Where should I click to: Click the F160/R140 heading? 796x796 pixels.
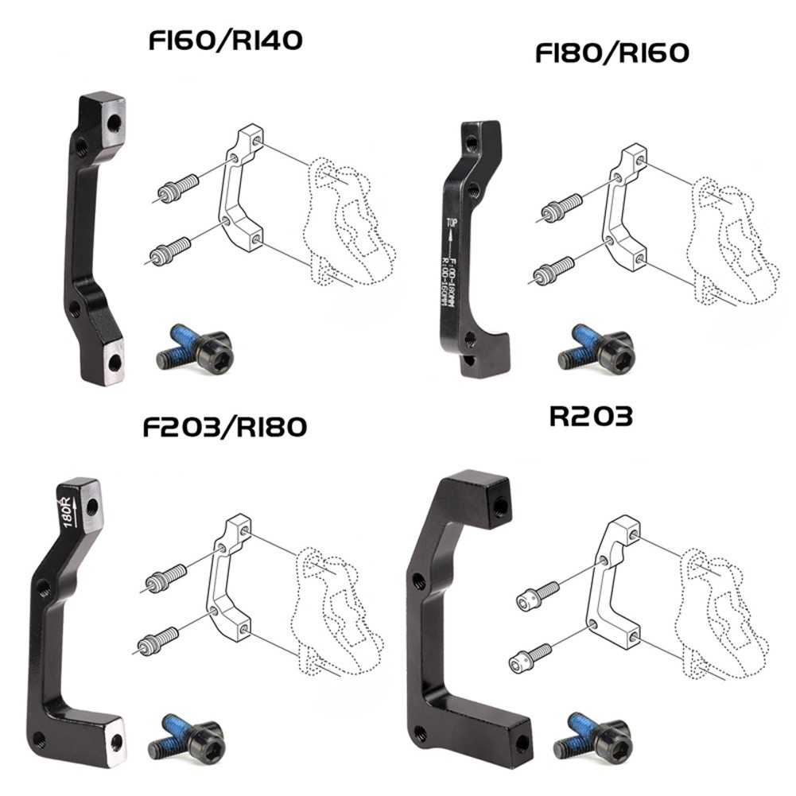(225, 41)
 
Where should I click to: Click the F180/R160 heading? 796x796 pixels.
(612, 54)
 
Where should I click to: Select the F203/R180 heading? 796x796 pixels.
(224, 426)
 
